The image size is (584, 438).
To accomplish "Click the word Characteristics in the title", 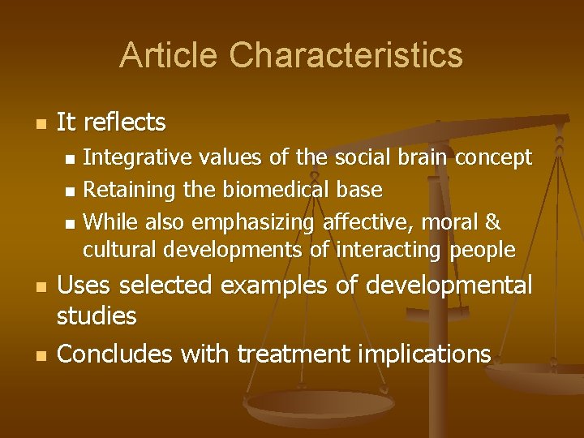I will click(346, 55).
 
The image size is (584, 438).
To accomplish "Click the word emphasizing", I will click(253, 221).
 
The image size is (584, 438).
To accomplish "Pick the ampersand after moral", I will click(492, 221).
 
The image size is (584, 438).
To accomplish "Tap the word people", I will click(484, 250).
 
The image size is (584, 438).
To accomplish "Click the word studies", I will click(97, 316).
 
